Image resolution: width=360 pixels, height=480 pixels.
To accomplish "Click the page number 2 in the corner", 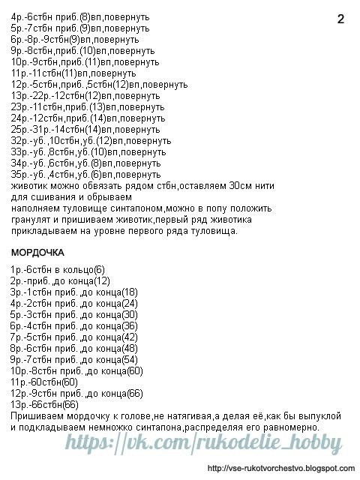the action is [x=340, y=20].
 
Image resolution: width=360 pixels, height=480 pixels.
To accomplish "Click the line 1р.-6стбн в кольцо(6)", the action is [x=58, y=269].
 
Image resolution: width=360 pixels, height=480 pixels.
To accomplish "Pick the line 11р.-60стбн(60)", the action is [x=45, y=382].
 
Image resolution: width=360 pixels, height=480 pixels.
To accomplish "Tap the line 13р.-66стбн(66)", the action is [x=45, y=404].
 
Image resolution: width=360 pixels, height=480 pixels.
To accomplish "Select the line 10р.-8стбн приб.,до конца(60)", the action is [x=76, y=370].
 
